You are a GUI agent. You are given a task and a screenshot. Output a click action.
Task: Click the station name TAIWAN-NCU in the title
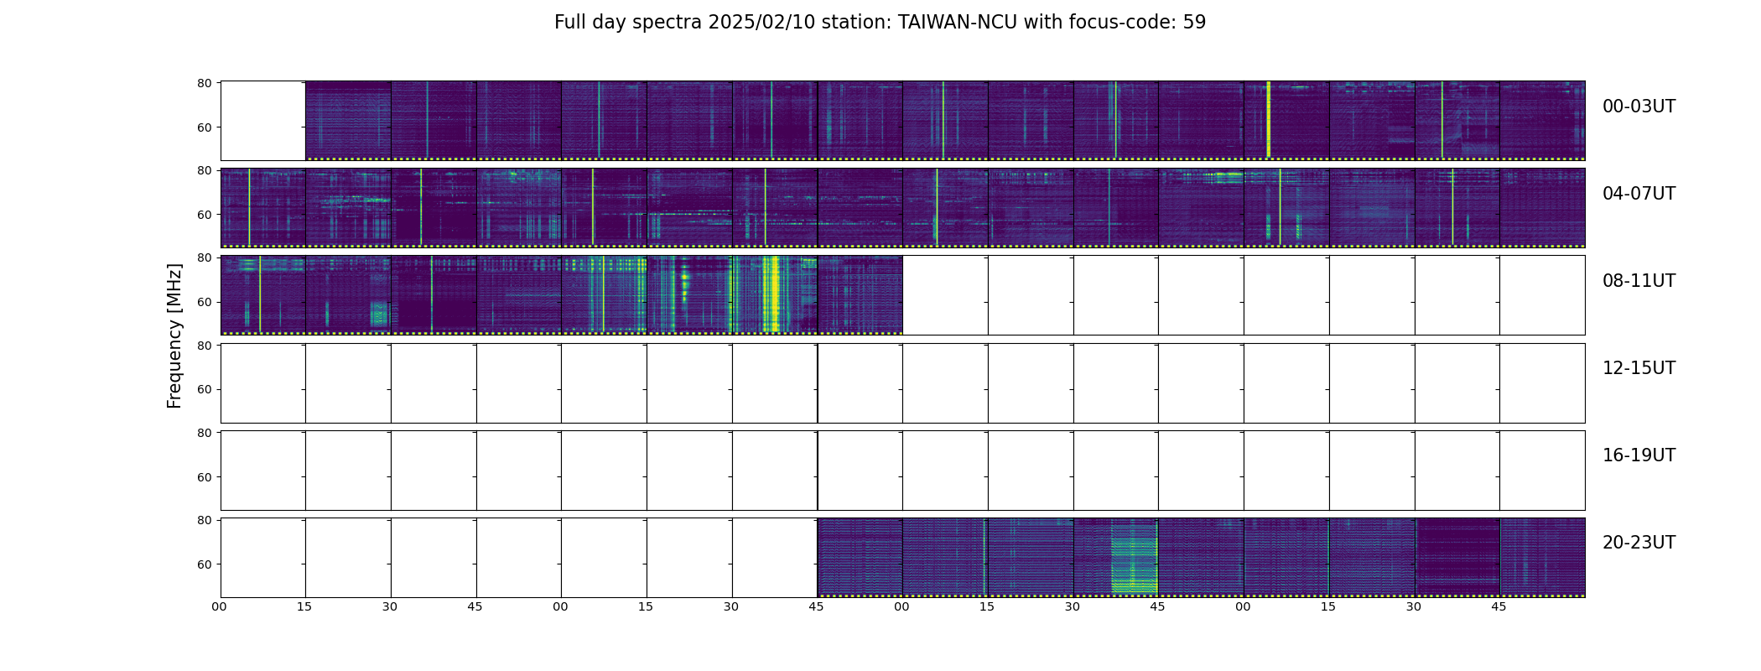coord(958,23)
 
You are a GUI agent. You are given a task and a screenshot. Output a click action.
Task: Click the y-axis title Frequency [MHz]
coord(174,335)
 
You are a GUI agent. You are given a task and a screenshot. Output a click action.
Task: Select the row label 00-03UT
coord(1639,107)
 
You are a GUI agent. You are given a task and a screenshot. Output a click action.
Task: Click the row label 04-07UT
coord(1639,194)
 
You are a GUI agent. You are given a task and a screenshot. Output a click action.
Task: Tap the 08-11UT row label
coord(1639,281)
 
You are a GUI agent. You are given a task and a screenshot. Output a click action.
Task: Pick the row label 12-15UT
coord(1639,368)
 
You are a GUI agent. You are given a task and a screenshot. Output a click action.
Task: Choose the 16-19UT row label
coord(1639,455)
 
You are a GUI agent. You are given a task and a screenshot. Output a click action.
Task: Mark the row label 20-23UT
coord(1639,543)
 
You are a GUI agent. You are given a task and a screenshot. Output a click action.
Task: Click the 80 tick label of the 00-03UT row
coord(204,83)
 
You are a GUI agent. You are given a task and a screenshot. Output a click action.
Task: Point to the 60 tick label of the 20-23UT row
coord(204,564)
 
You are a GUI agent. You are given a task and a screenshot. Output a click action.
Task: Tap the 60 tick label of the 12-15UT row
coord(204,389)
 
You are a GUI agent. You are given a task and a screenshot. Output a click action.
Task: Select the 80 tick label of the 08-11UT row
coord(204,258)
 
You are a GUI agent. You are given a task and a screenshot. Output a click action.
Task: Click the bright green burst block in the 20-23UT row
coord(1134,557)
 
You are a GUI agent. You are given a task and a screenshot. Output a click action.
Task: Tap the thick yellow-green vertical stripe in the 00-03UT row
coord(1268,119)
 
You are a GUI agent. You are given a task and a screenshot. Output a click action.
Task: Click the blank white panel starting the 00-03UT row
coord(263,121)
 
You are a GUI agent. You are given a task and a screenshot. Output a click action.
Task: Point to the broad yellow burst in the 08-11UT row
coord(772,294)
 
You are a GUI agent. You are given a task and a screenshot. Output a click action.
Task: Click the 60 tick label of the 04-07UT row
coord(204,215)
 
